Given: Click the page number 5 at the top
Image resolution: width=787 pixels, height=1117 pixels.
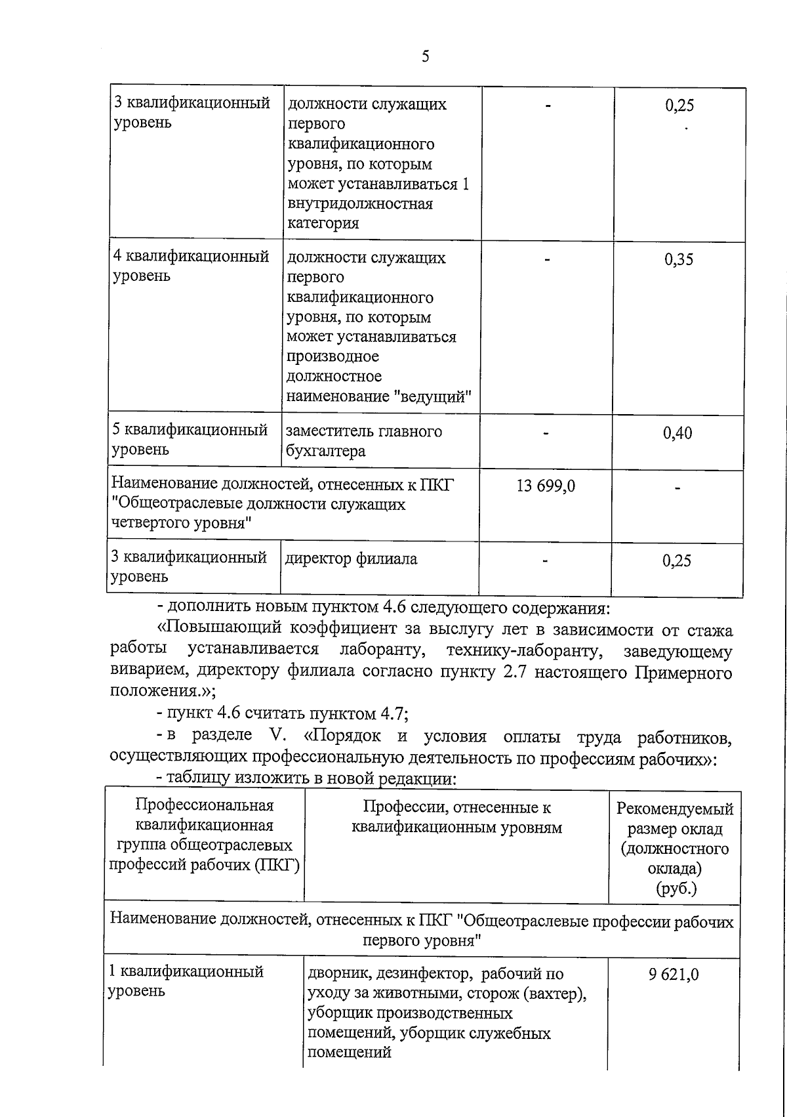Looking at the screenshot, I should coord(425,56).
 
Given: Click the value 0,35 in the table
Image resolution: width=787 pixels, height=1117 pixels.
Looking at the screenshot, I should coord(678,259).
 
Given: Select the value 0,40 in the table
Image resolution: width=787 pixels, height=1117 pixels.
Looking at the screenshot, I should coord(677,433).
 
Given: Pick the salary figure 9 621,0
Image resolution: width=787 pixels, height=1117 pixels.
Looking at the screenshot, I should coord(674,975).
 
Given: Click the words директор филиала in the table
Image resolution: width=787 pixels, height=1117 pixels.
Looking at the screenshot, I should coord(351,559).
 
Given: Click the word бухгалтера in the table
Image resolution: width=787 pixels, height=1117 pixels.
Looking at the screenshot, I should coord(325,452).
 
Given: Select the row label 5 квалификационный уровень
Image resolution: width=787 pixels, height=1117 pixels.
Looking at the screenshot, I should coord(190,440).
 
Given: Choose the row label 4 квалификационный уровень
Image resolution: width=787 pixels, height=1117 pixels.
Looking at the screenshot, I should coord(191,266).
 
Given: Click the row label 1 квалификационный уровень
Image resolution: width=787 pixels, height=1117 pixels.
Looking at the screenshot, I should coord(186,980).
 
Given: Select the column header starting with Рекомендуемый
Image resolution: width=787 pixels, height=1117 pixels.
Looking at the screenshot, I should coord(675,809).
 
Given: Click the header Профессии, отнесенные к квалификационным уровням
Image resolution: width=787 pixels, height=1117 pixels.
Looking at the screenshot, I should coord(456,817).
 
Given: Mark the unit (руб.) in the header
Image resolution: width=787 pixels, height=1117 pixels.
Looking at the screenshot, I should coord(676,889).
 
